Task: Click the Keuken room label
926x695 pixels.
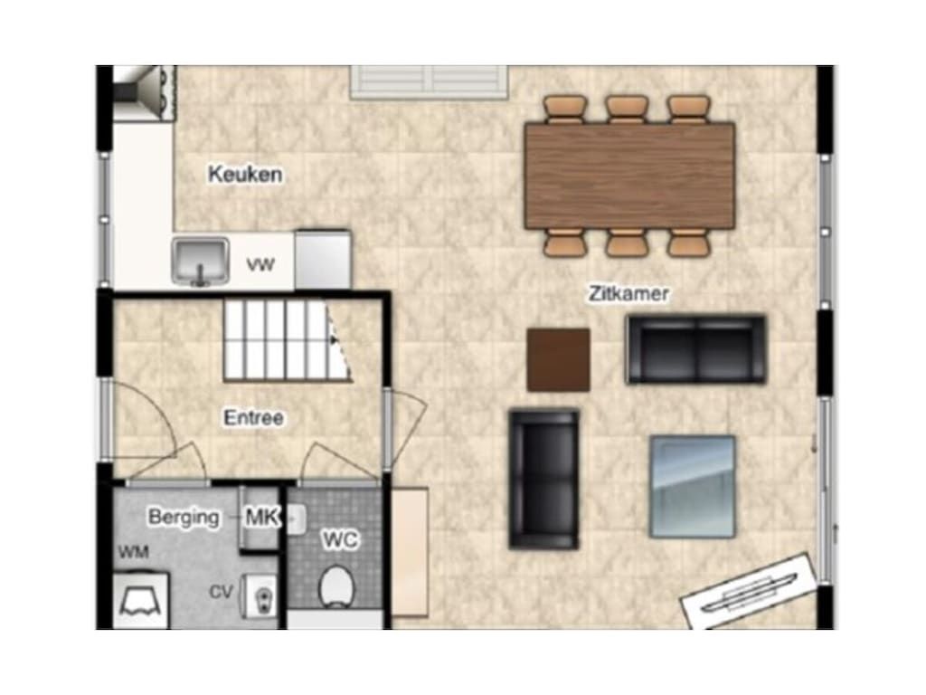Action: pyautogui.click(x=245, y=175)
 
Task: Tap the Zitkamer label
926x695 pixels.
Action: pyautogui.click(x=628, y=294)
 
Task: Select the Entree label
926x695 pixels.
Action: pyautogui.click(x=254, y=418)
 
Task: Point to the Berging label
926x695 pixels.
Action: pyautogui.click(x=184, y=517)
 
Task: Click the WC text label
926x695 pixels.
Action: pyautogui.click(x=341, y=539)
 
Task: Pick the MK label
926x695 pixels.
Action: pyautogui.click(x=262, y=517)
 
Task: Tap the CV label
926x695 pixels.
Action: pyautogui.click(x=222, y=592)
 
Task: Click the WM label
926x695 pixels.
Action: pyautogui.click(x=134, y=552)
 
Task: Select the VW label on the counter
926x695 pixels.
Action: pyautogui.click(x=260, y=264)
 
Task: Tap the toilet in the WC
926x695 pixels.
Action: pyautogui.click(x=336, y=586)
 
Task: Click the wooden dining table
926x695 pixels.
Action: pyautogui.click(x=629, y=176)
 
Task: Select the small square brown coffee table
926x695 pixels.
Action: pyautogui.click(x=558, y=359)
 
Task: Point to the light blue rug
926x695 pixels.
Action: pyautogui.click(x=692, y=486)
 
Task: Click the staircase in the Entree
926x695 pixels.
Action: pyautogui.click(x=287, y=340)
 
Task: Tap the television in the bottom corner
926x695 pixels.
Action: pyautogui.click(x=750, y=591)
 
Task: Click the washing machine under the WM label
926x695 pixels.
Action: pyautogui.click(x=141, y=600)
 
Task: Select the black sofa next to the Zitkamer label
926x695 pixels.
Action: pyautogui.click(x=695, y=349)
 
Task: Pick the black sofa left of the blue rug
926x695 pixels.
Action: pyautogui.click(x=543, y=479)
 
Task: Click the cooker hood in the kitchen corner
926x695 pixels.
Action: pyautogui.click(x=145, y=93)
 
